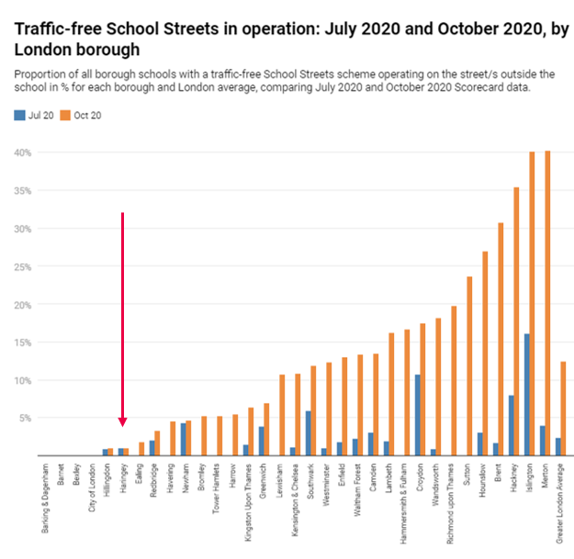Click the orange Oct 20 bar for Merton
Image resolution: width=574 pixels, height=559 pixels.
click(547, 303)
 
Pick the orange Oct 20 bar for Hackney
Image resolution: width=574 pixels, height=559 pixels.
click(516, 321)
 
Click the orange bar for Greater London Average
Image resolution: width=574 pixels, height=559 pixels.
click(563, 408)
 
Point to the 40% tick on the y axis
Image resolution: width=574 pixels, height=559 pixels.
click(21, 152)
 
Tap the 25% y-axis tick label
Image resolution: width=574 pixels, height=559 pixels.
click(21, 266)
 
